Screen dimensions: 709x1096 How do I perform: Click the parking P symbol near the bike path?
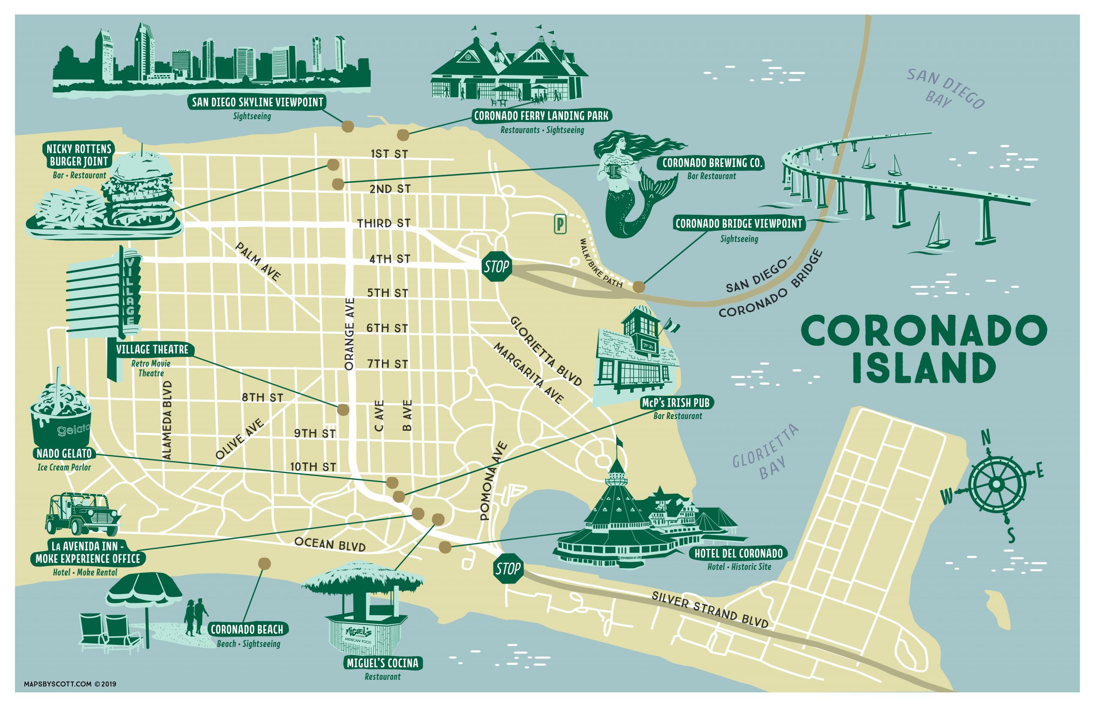[560, 225]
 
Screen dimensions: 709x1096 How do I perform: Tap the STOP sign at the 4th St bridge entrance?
[497, 266]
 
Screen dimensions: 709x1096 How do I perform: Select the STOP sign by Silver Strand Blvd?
[508, 569]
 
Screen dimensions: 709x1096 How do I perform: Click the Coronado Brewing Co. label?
[712, 163]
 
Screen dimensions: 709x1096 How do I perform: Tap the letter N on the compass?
[985, 438]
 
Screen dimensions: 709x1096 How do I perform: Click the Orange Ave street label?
[349, 334]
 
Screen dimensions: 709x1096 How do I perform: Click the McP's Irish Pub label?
[676, 403]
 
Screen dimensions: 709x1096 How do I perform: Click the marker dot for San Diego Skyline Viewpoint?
[348, 126]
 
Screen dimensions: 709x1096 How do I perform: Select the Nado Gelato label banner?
[64, 453]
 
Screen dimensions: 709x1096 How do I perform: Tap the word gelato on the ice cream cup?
[73, 430]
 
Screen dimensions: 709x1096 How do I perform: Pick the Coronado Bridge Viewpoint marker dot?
[638, 287]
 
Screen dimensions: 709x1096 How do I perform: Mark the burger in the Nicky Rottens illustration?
[138, 187]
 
